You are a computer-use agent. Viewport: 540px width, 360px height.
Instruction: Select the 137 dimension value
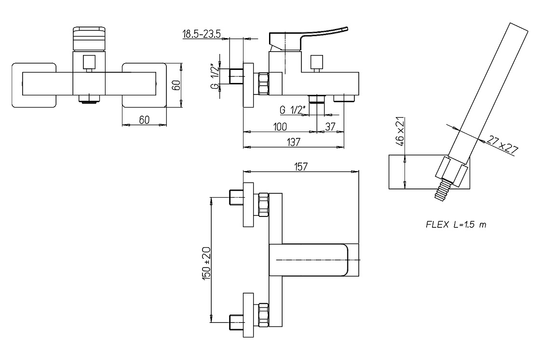294,142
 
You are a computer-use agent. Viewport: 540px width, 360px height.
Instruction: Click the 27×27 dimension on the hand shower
502,144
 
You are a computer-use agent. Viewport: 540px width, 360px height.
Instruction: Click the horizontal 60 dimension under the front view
144,120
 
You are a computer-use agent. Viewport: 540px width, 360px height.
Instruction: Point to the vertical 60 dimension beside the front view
176,85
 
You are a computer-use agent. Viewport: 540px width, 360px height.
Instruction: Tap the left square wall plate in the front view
34,85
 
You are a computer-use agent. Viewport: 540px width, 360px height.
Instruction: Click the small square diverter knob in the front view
89,62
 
